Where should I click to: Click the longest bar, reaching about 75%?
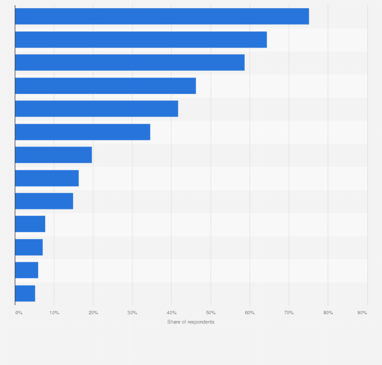[x=162, y=16]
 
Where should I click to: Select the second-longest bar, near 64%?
[x=141, y=40]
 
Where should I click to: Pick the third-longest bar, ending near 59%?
[x=130, y=62]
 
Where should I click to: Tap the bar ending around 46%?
[x=105, y=86]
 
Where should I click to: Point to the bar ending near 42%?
[x=96, y=108]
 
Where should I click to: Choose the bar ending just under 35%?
[x=83, y=132]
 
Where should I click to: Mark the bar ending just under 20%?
[x=53, y=155]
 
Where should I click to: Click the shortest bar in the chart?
[x=25, y=294]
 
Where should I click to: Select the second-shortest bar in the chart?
[x=26, y=270]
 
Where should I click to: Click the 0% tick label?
[x=19, y=313]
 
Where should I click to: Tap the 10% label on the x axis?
[x=54, y=313]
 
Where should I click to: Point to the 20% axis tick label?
[x=93, y=313]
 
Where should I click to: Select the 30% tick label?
[x=132, y=313]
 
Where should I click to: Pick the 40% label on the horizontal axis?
[x=171, y=313]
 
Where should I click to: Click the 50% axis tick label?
[x=211, y=313]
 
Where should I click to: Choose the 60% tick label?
[x=250, y=313]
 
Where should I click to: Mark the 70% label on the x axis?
[x=289, y=313]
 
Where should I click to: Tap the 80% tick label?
[x=328, y=313]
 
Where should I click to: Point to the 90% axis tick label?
[x=362, y=313]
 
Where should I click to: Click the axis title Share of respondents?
[x=191, y=322]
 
